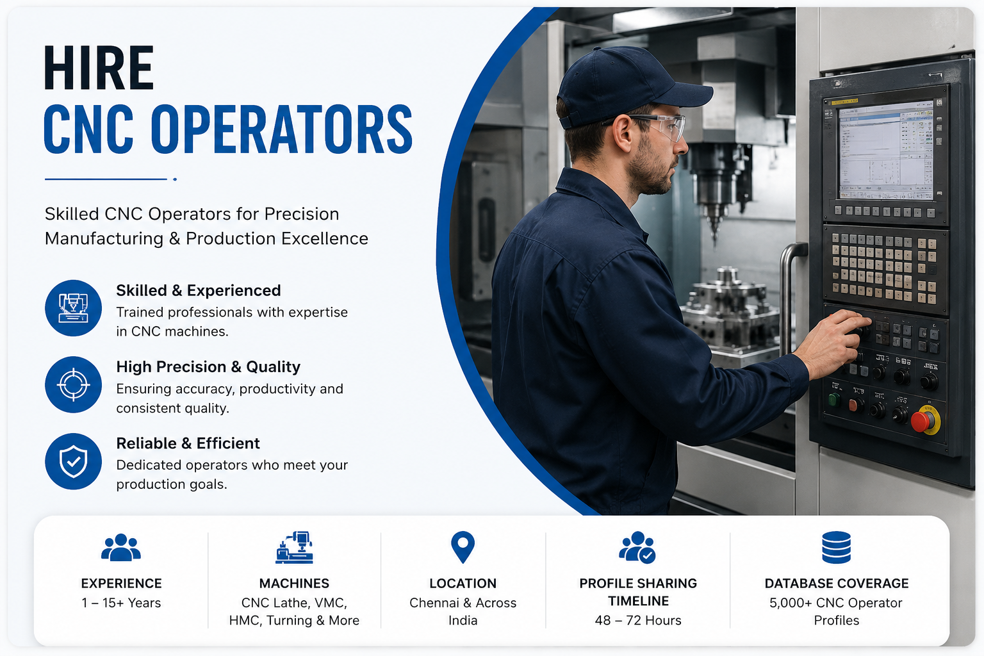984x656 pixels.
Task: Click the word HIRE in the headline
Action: (x=99, y=68)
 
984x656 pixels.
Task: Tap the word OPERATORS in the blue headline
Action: (x=282, y=129)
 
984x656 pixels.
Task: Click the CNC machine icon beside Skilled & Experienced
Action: (x=74, y=308)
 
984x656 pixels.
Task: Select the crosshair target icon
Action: (x=74, y=384)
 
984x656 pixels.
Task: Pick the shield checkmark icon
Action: (x=74, y=461)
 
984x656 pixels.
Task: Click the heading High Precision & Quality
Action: (x=208, y=367)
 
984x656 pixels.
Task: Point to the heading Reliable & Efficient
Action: (x=188, y=443)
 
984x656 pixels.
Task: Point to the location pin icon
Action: (x=463, y=547)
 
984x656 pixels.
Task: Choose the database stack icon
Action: (x=837, y=547)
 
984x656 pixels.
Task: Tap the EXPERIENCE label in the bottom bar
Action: (x=121, y=584)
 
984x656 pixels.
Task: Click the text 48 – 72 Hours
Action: (x=638, y=620)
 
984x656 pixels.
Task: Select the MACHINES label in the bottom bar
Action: (x=294, y=584)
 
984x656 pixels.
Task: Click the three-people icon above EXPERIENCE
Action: (x=121, y=548)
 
